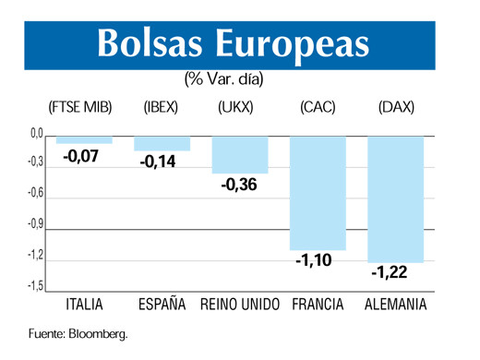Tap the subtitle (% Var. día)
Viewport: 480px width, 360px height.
(x=224, y=79)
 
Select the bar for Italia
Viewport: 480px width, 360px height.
(x=84, y=140)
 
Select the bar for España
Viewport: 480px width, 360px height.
(x=162, y=144)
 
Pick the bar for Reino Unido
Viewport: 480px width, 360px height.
(x=240, y=155)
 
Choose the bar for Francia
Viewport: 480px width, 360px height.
(x=318, y=193)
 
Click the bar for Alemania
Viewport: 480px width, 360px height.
(x=396, y=199)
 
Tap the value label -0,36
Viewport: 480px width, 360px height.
(x=238, y=185)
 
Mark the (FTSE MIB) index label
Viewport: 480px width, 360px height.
(x=80, y=107)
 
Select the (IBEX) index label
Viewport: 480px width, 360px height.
(x=161, y=107)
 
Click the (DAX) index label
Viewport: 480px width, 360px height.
(x=396, y=107)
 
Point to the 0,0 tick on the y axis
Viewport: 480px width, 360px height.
(x=36, y=135)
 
